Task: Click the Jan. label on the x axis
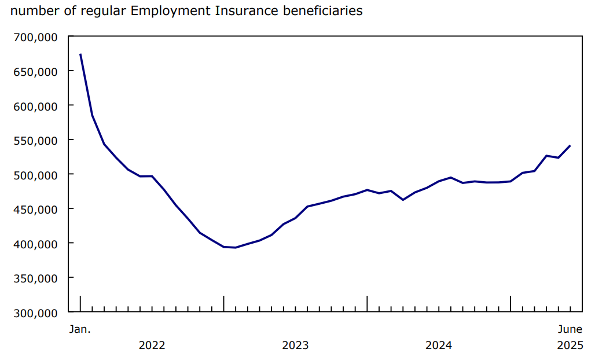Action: [80, 329]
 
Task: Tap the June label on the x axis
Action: [570, 329]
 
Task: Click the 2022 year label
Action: [152, 346]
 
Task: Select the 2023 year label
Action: [295, 346]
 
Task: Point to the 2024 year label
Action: [439, 346]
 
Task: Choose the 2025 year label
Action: [570, 346]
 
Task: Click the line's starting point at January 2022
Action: [80, 54]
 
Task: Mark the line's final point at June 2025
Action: [570, 146]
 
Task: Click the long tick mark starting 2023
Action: [223, 303]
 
